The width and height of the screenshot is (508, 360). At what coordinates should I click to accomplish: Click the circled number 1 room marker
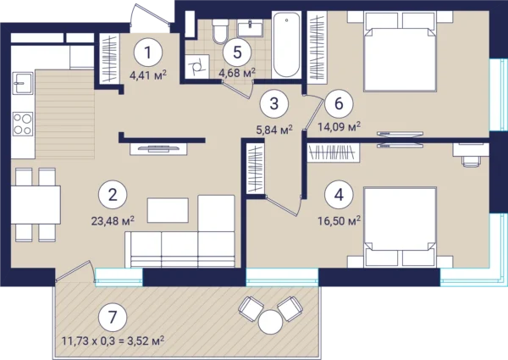148,53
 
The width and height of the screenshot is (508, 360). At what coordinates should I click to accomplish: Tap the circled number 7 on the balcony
113,318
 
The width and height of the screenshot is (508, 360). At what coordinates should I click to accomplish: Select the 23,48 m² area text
113,222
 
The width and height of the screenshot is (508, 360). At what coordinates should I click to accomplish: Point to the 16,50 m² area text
340,222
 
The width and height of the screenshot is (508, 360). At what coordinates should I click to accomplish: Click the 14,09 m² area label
340,127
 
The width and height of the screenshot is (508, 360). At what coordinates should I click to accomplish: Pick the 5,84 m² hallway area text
274,130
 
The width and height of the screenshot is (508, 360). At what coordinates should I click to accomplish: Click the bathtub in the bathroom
287,44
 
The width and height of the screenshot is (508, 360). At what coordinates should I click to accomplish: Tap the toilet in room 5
220,31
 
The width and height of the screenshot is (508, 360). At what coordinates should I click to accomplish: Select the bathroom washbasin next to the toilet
250,28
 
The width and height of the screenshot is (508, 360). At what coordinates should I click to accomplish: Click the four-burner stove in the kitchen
23,124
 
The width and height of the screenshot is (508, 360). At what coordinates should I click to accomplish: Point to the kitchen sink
23,83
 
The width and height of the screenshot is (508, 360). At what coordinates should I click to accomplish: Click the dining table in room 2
36,204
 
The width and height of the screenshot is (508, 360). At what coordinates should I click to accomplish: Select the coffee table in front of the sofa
168,210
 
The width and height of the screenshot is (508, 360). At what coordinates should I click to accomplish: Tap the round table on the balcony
271,322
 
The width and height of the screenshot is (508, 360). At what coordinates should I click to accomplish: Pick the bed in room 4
400,227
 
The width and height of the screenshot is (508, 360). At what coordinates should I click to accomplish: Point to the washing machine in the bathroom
196,67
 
